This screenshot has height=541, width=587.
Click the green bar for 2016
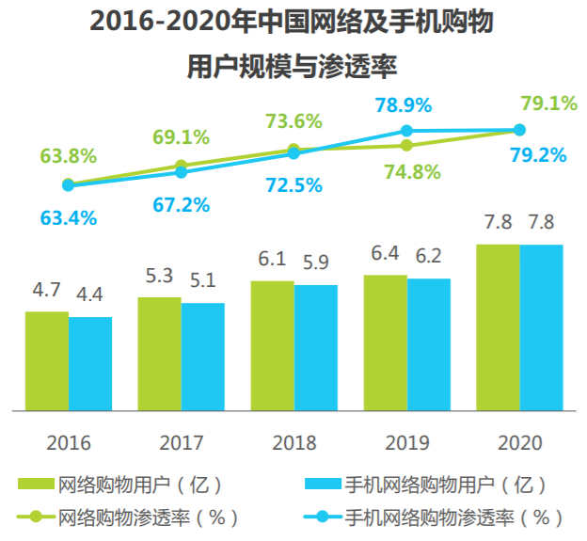pos(47,360)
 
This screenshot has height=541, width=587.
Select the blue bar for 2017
pos(203,357)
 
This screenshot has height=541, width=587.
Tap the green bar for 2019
pos(386,342)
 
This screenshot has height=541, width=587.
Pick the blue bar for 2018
pos(316,347)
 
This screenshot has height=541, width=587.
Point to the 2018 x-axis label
pos(294,442)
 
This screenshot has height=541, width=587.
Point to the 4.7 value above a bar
pos(48,293)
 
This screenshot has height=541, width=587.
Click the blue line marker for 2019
pos(407,131)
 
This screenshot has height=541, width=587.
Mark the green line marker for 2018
pos(294,149)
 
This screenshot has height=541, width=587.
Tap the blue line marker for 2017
pos(182,172)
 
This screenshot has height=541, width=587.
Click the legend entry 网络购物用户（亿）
pos(141,485)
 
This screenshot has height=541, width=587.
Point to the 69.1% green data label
pos(181,137)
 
